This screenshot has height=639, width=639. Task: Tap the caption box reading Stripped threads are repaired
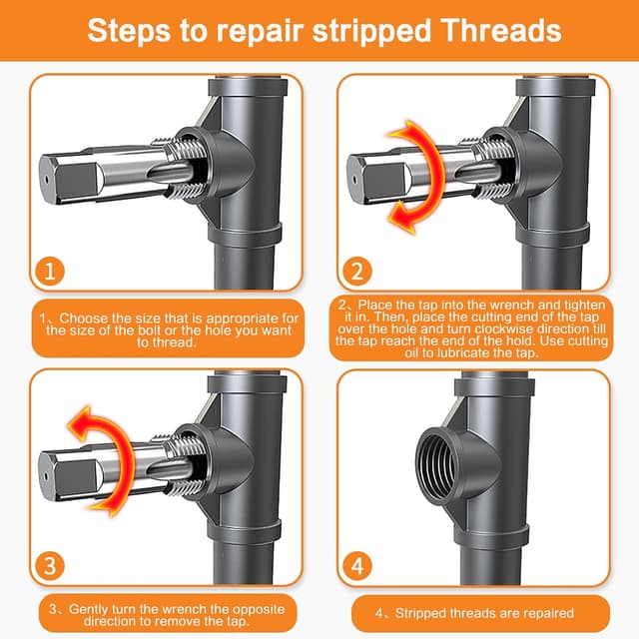[474, 612]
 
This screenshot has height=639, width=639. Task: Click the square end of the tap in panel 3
[65, 466]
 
